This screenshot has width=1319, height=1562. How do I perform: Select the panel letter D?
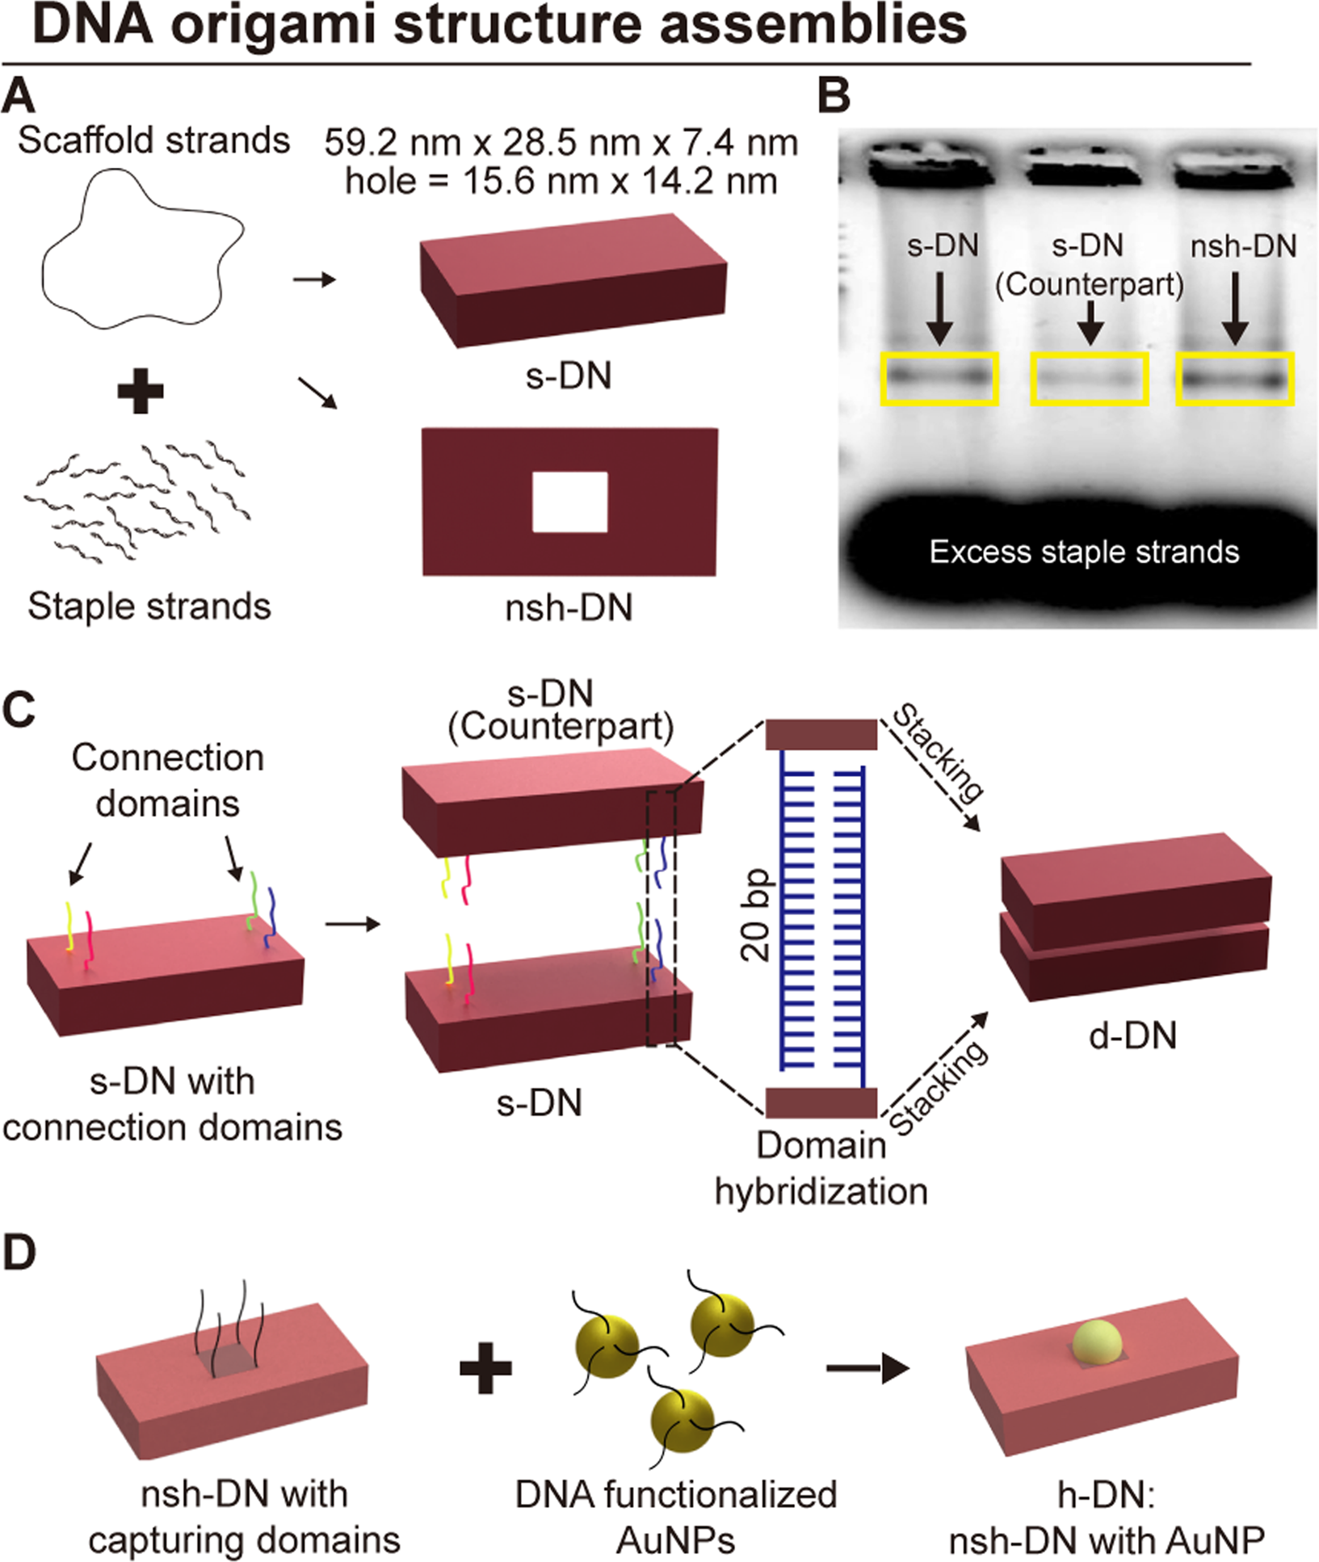coord(19,1253)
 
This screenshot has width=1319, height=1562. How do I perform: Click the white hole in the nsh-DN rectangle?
coord(569,502)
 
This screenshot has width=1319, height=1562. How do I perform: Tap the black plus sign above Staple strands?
coord(141,393)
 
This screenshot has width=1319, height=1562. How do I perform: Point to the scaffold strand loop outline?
coord(43,267)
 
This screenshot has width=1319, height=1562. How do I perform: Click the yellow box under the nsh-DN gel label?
coord(1235,378)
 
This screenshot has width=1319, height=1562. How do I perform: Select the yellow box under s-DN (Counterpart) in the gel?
coord(1090,378)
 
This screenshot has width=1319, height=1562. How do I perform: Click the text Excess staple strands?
coord(1084,552)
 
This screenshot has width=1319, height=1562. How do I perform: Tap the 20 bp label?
coord(756,916)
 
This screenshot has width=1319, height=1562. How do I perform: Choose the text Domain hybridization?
coord(821,1168)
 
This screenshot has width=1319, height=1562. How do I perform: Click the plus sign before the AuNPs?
coord(485,1368)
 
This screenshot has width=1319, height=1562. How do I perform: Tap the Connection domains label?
coord(168,781)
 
